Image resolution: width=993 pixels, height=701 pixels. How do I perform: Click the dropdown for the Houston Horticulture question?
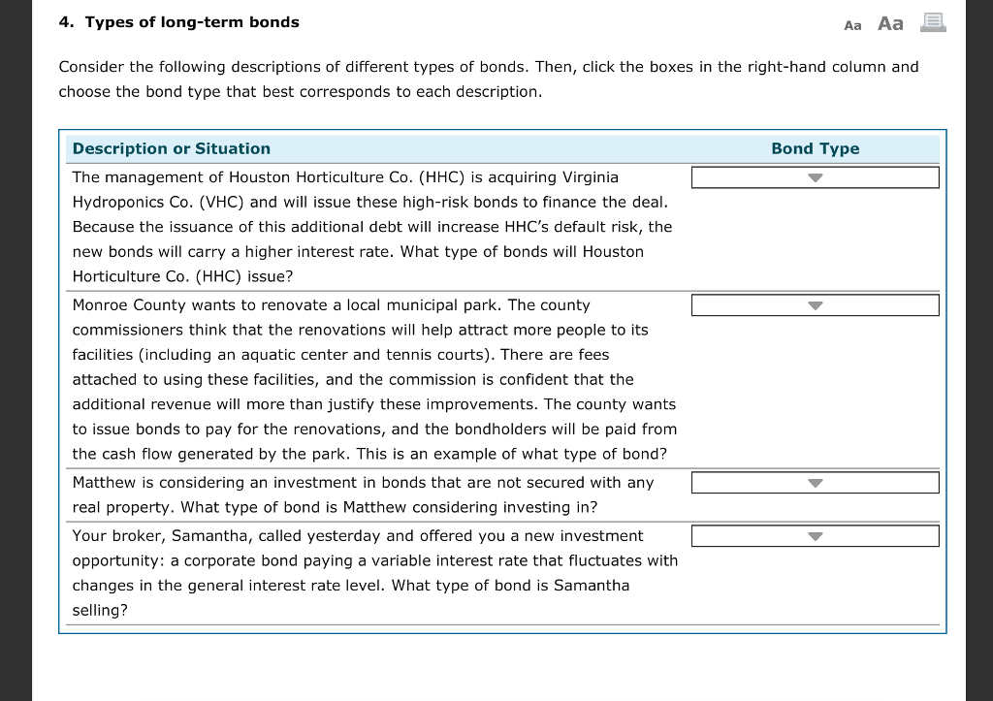(x=815, y=177)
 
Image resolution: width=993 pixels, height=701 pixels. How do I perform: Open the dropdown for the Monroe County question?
(x=815, y=305)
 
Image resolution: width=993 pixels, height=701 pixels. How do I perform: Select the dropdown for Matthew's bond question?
(x=815, y=483)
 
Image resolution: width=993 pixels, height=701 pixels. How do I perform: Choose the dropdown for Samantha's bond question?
(x=815, y=536)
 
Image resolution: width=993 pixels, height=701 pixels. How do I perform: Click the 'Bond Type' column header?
(x=815, y=148)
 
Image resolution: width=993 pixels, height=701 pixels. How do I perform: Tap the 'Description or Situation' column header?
(x=172, y=148)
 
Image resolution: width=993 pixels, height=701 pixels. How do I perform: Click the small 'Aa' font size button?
(x=852, y=25)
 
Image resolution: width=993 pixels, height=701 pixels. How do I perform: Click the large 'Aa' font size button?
(x=890, y=23)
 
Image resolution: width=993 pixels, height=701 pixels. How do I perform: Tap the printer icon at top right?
(x=932, y=22)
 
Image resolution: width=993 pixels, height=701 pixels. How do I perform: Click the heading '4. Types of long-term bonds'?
(x=179, y=22)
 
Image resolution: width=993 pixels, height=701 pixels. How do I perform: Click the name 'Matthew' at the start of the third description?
(x=102, y=483)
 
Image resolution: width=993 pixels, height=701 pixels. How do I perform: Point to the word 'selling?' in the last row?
(x=100, y=611)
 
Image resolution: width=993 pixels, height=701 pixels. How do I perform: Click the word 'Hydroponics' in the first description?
(x=117, y=203)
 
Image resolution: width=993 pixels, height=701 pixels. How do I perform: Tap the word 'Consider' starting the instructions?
(x=90, y=67)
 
